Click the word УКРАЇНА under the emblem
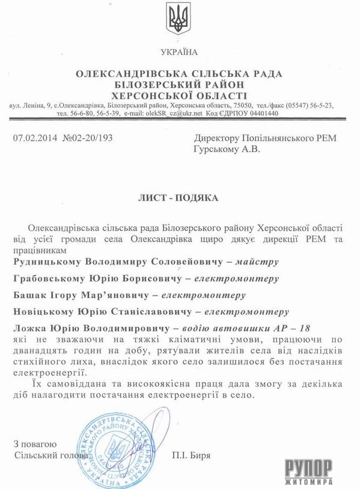tap(179, 52)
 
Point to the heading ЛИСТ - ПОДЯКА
tap(179, 198)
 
